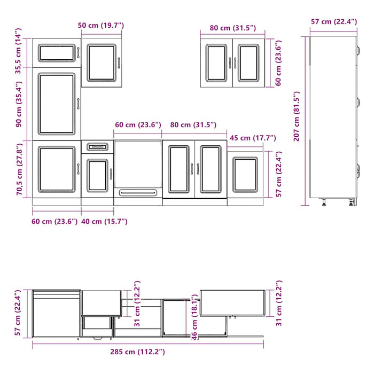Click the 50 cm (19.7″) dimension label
pyautogui.click(x=101, y=25)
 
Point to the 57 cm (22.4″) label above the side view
pyautogui.click(x=334, y=21)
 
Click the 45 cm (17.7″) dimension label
pyautogui.click(x=253, y=138)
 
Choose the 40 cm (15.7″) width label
pyautogui.click(x=105, y=221)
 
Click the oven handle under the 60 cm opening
pyautogui.click(x=138, y=192)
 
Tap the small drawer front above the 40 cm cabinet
pyautogui.click(x=97, y=146)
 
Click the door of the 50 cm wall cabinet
pyautogui.click(x=102, y=63)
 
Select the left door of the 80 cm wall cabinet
pyautogui.click(x=216, y=63)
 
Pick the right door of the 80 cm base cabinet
pyautogui.click(x=211, y=169)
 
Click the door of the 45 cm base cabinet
pyautogui.click(x=245, y=174)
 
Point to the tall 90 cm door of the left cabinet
pyautogui.click(x=56, y=104)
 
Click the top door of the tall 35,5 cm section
pyautogui.click(x=56, y=52)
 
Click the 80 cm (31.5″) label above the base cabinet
pyautogui.click(x=193, y=125)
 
